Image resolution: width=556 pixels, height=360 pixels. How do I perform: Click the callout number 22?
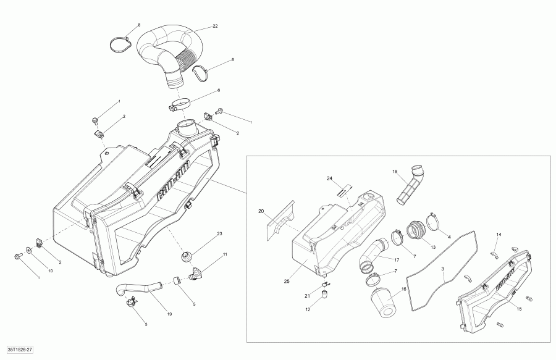pyautogui.click(x=215, y=26)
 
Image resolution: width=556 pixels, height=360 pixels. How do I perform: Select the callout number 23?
pyautogui.click(x=219, y=233)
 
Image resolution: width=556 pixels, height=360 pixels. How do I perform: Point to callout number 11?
pyautogui.click(x=225, y=254)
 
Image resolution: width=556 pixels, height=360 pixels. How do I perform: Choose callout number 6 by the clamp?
pyautogui.click(x=217, y=91)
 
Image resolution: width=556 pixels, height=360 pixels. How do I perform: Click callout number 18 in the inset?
pyautogui.click(x=394, y=171)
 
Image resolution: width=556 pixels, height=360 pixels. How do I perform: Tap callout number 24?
pyautogui.click(x=330, y=178)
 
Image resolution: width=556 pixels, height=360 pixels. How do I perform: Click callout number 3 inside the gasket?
pyautogui.click(x=443, y=269)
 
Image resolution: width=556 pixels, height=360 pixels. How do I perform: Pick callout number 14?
pyautogui.click(x=499, y=234)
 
